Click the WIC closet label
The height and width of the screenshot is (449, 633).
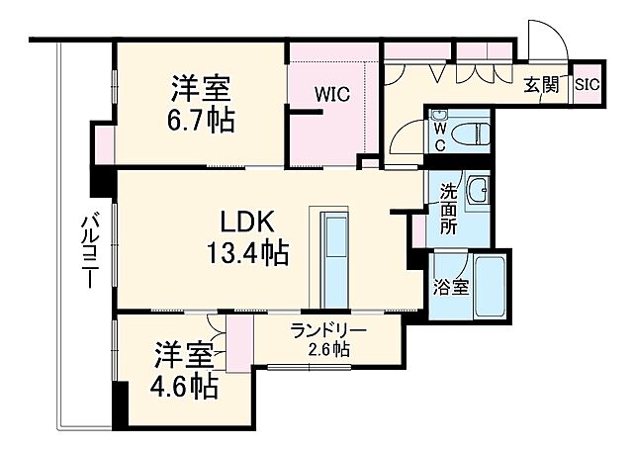tap(331, 95)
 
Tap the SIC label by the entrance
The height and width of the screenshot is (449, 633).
tap(586, 85)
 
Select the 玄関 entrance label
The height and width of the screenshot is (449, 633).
tap(541, 85)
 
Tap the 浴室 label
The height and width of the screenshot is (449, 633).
tap(451, 287)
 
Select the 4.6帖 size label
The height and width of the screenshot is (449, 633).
tap(184, 385)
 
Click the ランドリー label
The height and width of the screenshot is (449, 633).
tap(328, 331)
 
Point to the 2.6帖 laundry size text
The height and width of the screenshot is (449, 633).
tap(327, 349)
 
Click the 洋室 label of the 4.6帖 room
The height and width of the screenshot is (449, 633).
tap(183, 353)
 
